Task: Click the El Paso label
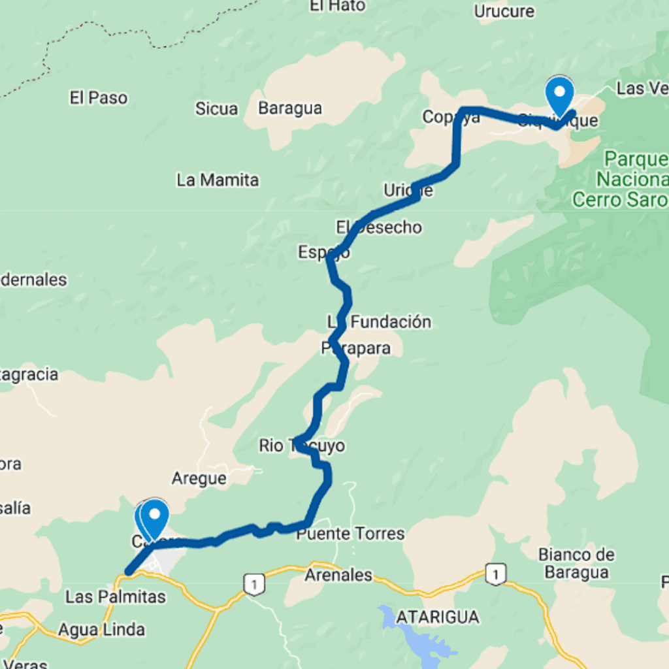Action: (x=99, y=98)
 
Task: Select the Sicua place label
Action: (x=216, y=108)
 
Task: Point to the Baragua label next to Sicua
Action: (x=290, y=108)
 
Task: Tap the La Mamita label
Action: (x=218, y=180)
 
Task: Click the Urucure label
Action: (x=504, y=11)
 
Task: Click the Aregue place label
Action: (x=199, y=479)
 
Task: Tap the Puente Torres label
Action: (x=350, y=534)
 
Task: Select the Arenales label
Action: (x=338, y=576)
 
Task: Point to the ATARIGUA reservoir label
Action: (x=437, y=617)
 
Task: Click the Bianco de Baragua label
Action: (x=576, y=563)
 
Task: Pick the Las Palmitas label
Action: (x=116, y=596)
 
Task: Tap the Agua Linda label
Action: (x=101, y=630)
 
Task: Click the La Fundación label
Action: (x=380, y=321)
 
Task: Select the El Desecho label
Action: (x=380, y=227)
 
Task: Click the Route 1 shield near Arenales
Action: (x=252, y=583)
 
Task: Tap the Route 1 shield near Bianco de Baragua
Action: (x=497, y=574)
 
